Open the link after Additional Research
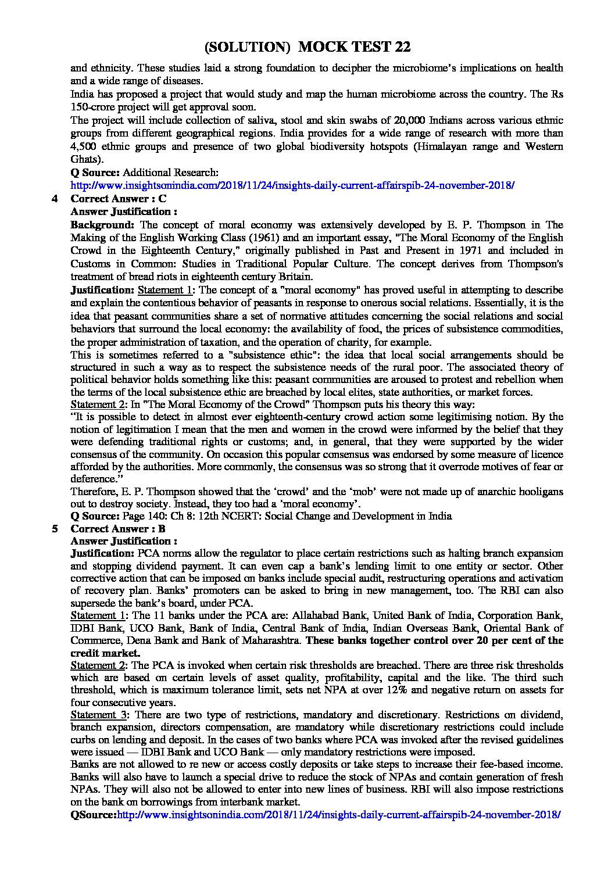[292, 185]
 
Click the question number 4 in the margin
[55, 199]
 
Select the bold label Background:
[102, 225]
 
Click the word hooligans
[539, 491]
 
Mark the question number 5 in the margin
[55, 529]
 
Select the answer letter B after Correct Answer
[162, 529]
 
